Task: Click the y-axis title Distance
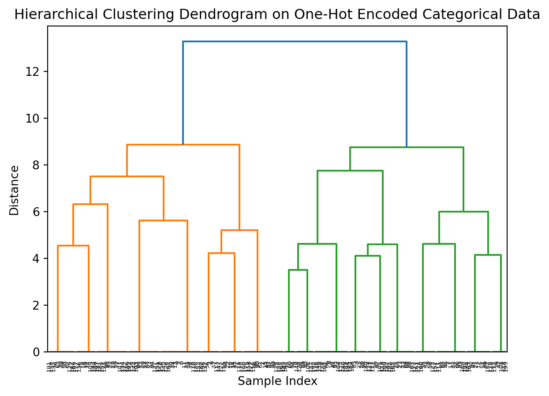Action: (x=15, y=190)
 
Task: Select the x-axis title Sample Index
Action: (x=277, y=381)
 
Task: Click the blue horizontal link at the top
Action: (x=295, y=41)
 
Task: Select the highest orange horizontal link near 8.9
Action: (x=183, y=145)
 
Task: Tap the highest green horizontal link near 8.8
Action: (x=407, y=147)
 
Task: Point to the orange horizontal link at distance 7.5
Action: (x=127, y=176)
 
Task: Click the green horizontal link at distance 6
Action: (x=463, y=212)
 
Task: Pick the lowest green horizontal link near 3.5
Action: (x=298, y=270)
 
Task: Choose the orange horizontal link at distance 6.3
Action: (x=90, y=204)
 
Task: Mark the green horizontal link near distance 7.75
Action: (x=350, y=171)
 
